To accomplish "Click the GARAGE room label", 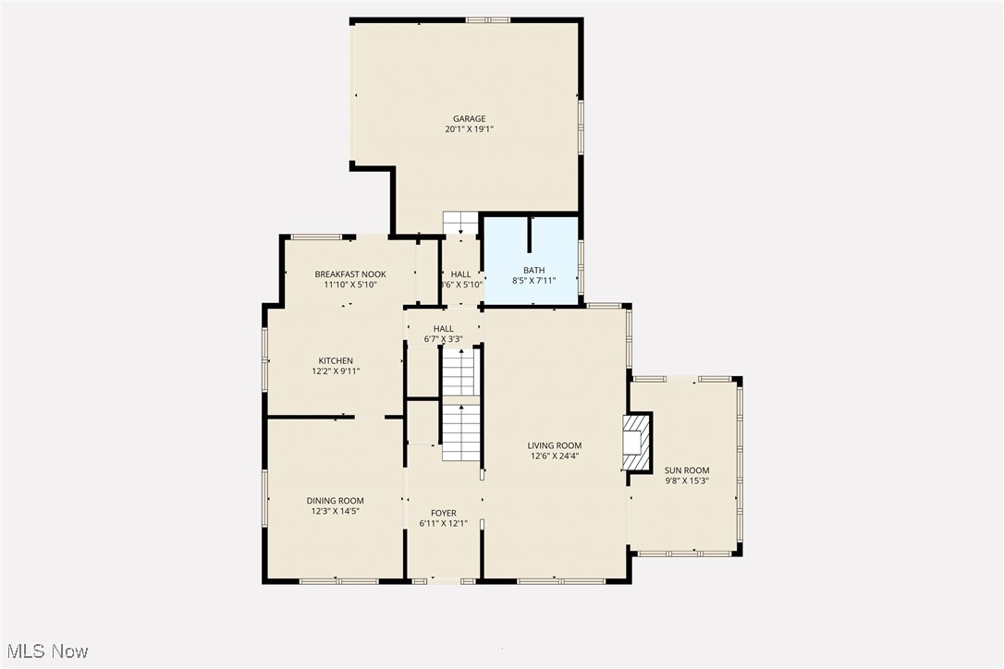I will pos(469,118).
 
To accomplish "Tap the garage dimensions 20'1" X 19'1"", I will pos(469,130).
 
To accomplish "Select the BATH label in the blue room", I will pos(533,270).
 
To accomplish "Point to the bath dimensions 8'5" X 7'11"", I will pos(533,281).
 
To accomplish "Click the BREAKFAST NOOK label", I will pos(350,274).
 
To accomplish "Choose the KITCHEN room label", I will pos(336,360).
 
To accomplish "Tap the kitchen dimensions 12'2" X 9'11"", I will pos(336,371).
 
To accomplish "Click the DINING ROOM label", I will pos(335,501).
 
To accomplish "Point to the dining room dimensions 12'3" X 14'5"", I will pos(335,512).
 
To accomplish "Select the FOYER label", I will pos(444,513).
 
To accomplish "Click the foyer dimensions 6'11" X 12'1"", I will pos(444,524).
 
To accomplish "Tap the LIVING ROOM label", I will pos(555,445).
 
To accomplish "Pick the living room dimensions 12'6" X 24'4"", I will pos(555,456).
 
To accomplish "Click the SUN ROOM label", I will pos(687,470).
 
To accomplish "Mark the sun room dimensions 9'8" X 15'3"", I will pos(687,481).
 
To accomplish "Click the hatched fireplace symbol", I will pos(638,443).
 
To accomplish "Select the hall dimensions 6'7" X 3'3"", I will pos(444,339).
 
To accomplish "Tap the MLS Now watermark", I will pos(45,651).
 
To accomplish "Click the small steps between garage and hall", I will pos(460,224).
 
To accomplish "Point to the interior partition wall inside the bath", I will pos(529,235).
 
